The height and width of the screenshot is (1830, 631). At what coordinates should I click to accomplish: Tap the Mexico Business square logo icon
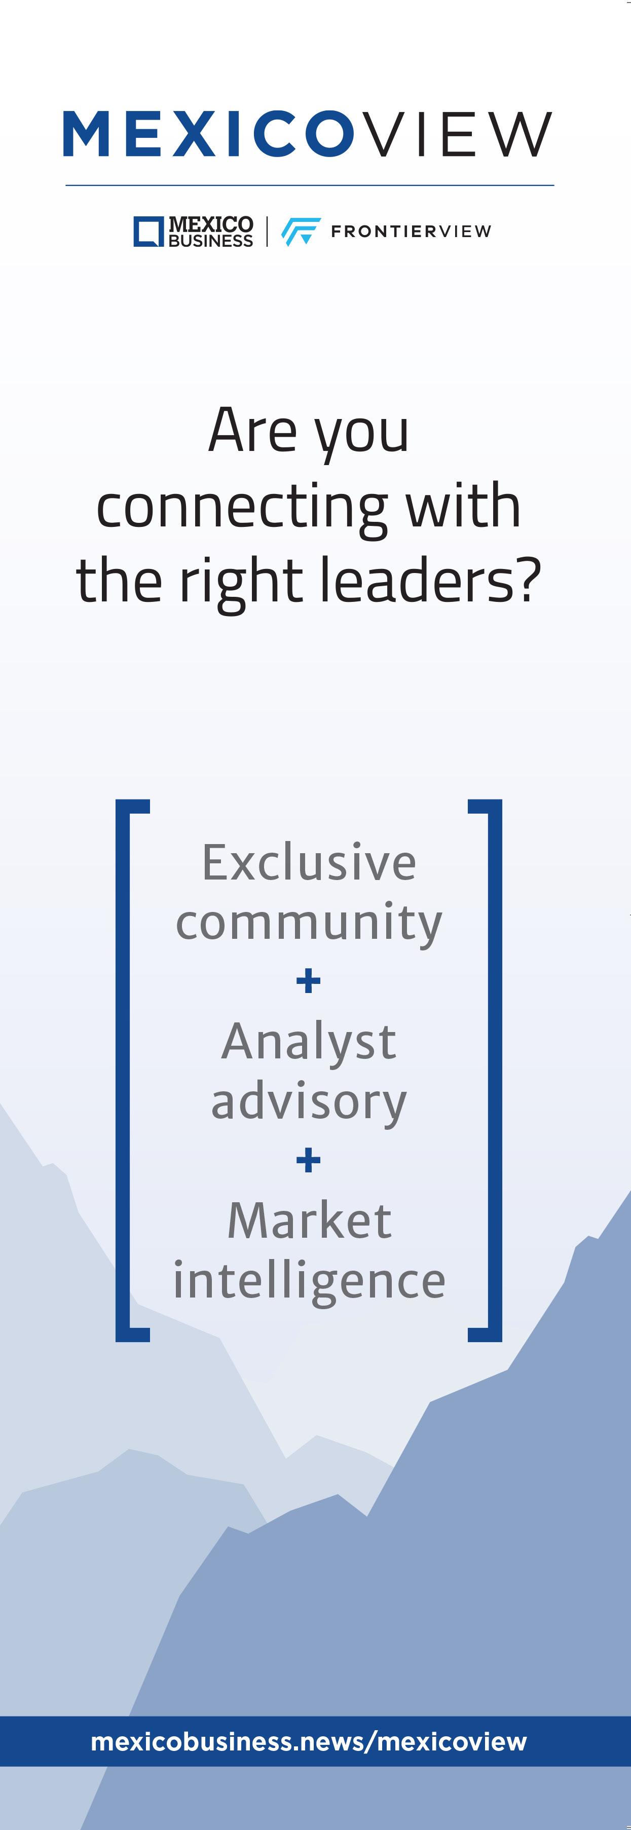tap(149, 232)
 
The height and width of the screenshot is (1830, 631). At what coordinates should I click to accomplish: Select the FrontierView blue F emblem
tap(300, 232)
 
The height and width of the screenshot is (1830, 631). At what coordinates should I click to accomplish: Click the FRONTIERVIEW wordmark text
tap(411, 232)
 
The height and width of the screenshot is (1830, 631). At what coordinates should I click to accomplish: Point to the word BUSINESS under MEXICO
tap(210, 241)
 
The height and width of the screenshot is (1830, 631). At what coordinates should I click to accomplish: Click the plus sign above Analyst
tap(308, 981)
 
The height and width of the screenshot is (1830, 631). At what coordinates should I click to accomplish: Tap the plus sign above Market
tap(308, 1161)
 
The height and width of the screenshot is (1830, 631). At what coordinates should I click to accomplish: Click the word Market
tap(309, 1221)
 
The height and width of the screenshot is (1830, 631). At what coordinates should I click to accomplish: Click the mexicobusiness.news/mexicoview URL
tap(309, 1741)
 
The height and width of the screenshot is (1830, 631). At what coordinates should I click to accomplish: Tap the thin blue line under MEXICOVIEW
tap(309, 185)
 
